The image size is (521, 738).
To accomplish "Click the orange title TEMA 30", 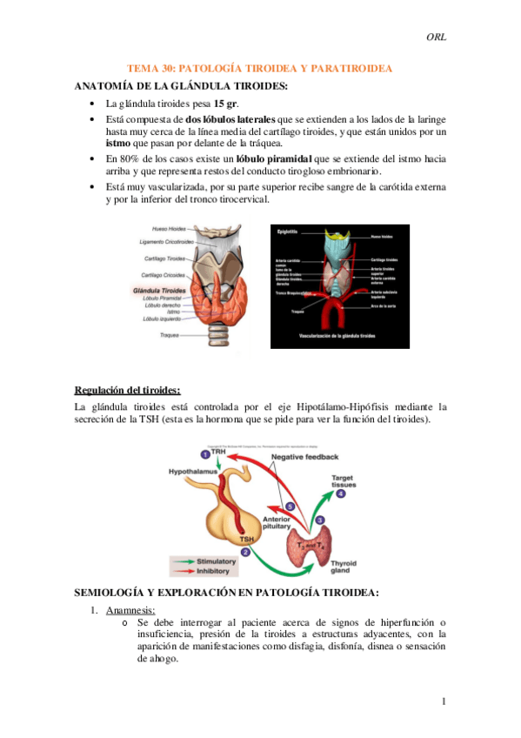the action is coord(259,68).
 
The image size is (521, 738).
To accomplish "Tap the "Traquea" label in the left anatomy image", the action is coord(170,335).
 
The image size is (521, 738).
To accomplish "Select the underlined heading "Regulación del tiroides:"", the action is coord(127,388).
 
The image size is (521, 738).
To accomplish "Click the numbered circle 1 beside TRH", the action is coord(204,454).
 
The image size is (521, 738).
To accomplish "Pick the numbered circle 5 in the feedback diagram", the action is coord(291,506).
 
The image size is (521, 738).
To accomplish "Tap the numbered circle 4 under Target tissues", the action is coord(341,493).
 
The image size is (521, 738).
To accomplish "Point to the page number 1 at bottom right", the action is coord(443,701).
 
